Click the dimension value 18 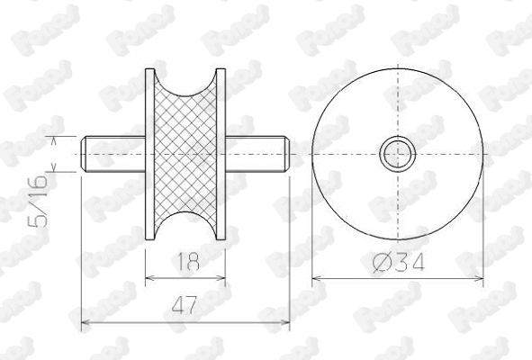coord(186,263)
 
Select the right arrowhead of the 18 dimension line coord(221,278)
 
